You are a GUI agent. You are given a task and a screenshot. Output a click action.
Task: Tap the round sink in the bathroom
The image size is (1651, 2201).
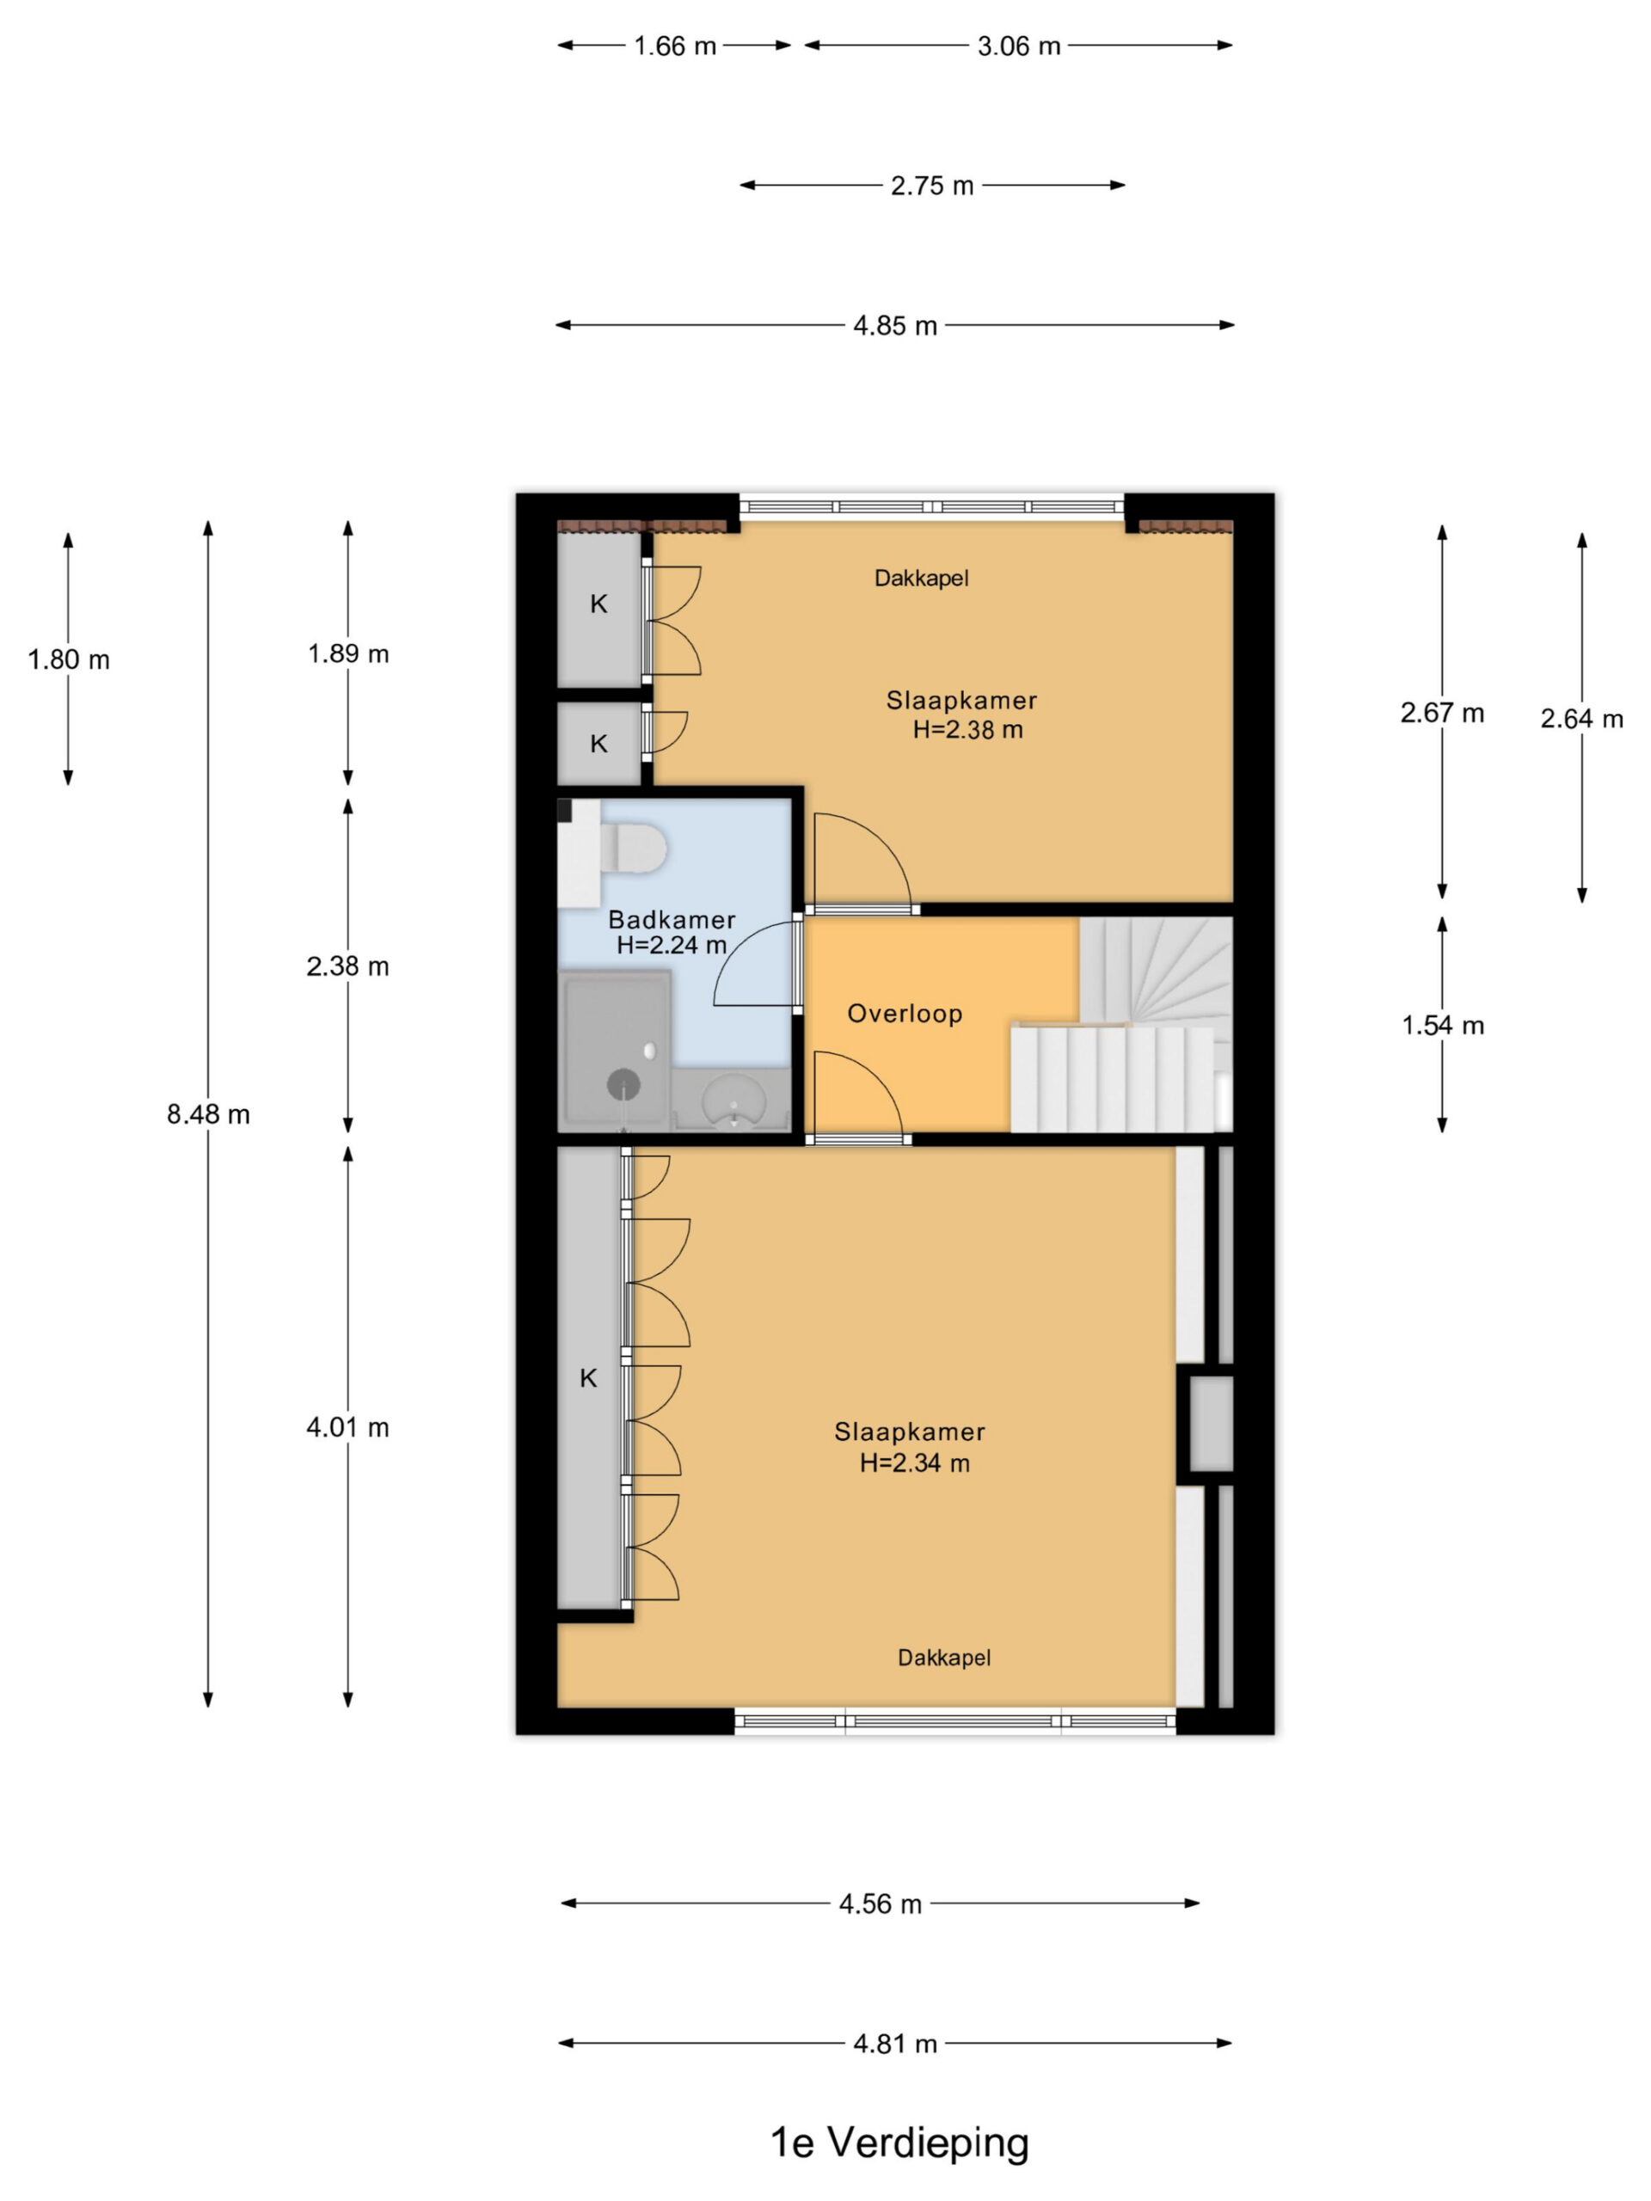coord(734,1100)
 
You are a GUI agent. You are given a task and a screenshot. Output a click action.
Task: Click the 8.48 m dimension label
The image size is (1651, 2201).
coord(208,1114)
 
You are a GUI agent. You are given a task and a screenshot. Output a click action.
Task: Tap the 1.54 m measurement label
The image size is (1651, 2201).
coord(1443,1025)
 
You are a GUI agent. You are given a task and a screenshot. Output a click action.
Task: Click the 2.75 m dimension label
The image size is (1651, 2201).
coord(932,186)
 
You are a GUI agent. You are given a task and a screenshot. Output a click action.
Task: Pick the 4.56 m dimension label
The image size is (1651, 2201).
coord(881,1904)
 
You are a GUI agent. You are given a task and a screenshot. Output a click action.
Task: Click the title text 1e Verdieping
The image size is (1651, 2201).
coord(900,2143)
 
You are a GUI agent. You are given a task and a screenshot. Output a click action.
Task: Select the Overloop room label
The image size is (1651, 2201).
coord(905,1014)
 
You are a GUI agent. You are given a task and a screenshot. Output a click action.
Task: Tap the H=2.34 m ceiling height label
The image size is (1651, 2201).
coord(915,1462)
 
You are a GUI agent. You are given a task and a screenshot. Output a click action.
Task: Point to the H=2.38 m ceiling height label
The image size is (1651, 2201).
coord(968,729)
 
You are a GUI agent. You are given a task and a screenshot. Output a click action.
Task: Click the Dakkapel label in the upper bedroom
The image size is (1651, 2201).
coord(922,578)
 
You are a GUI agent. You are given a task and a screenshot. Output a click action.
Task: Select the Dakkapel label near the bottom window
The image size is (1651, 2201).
coord(944,1658)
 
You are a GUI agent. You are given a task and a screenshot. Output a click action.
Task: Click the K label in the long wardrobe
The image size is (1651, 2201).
coord(588,1378)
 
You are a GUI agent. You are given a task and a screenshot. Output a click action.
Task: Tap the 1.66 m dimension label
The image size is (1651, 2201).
coord(676,46)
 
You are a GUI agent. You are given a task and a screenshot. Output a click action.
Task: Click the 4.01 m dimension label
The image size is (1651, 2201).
coord(347,1428)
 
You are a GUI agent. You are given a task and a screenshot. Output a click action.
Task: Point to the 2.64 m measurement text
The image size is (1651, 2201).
coord(1582,719)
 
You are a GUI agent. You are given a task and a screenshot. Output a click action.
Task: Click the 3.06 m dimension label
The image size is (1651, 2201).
coord(1019,46)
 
